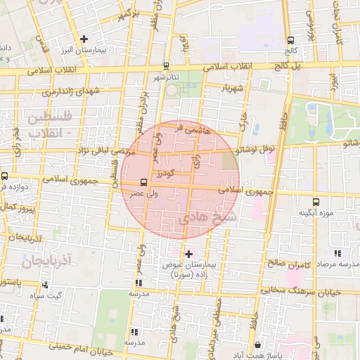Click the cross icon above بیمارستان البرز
pos(84,39)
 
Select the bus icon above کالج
pos(290,40)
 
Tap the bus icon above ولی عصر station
pos(144,181)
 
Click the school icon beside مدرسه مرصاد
pos(337,253)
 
